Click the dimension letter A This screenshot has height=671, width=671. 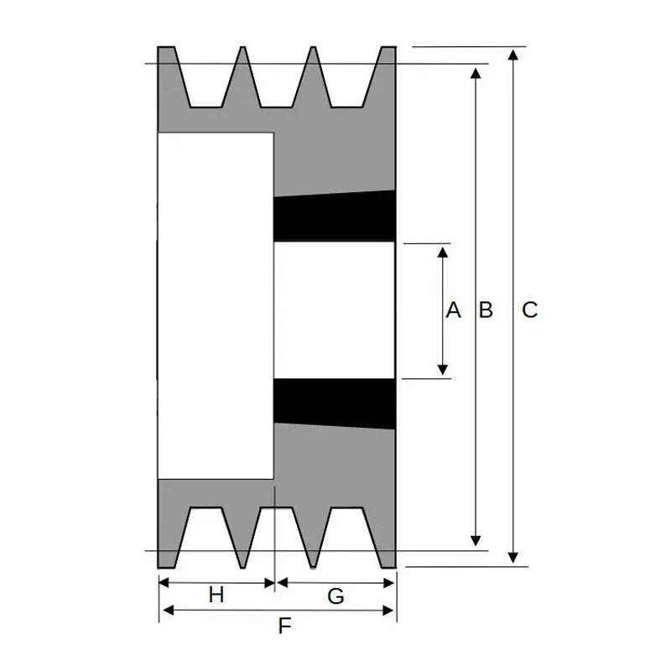[x=453, y=310]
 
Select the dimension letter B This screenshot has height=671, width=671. [x=485, y=310]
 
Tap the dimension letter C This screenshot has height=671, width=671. [x=529, y=310]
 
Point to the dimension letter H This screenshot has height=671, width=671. [x=216, y=595]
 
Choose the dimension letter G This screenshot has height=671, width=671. [x=335, y=596]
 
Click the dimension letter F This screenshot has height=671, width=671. [x=284, y=625]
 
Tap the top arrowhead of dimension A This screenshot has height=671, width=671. [x=444, y=251]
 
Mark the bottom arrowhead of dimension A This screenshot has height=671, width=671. [x=444, y=370]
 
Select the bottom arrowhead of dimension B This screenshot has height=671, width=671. [x=476, y=541]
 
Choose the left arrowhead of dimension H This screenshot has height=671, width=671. [x=164, y=582]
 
